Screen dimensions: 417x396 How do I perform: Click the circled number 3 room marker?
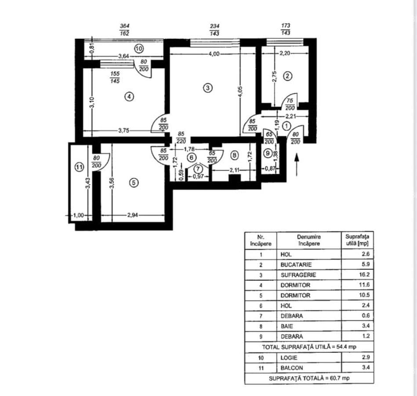[x=208, y=88]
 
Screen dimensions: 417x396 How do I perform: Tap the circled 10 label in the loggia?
[x=139, y=49]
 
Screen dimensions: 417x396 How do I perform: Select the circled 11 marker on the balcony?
[x=79, y=167]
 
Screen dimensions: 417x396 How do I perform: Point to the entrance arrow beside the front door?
[x=297, y=165]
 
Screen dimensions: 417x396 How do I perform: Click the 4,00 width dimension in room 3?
[x=214, y=54]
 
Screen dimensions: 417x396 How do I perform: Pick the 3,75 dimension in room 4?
[x=123, y=131]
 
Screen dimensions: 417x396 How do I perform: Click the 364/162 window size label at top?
[x=124, y=29]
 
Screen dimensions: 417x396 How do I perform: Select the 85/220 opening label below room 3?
[x=181, y=137]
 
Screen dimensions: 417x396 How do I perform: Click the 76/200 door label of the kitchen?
[x=290, y=104]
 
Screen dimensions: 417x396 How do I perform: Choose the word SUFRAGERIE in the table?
[x=298, y=275]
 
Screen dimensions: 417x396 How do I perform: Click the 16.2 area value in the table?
[x=364, y=275]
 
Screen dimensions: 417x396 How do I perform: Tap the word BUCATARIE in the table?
[x=296, y=265]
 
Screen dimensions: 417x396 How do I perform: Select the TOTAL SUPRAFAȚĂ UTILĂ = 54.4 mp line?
[x=309, y=347]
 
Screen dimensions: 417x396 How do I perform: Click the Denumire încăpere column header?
[x=309, y=240]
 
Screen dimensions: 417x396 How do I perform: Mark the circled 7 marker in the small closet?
[x=198, y=169]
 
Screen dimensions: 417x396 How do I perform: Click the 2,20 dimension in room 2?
[x=285, y=53]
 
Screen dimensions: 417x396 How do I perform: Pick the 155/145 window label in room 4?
[x=115, y=77]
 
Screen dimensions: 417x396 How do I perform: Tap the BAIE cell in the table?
[x=286, y=326]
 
